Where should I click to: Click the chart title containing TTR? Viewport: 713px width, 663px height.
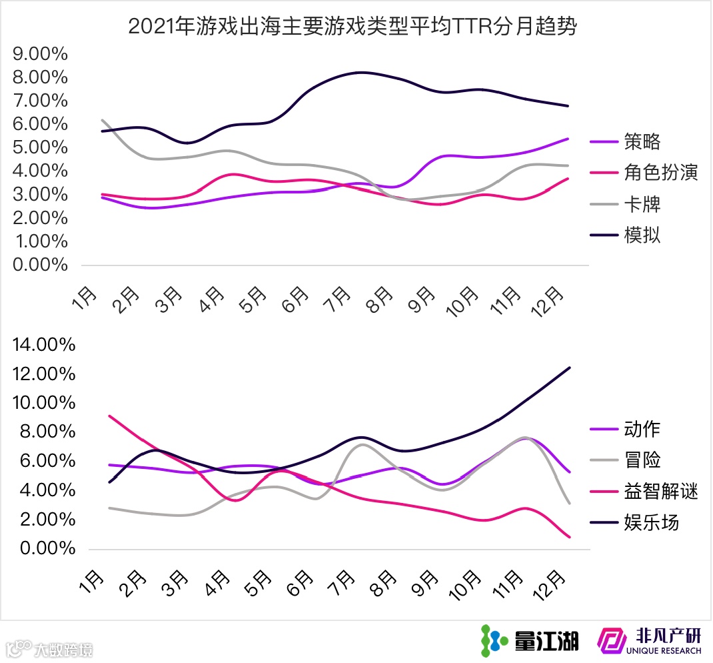[x=353, y=27]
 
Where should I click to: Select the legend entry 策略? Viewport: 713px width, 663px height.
[x=642, y=141]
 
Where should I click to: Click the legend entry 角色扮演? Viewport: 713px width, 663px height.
[x=660, y=173]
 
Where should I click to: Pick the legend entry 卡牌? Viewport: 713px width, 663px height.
[x=642, y=204]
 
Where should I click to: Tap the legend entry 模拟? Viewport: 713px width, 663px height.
[x=642, y=235]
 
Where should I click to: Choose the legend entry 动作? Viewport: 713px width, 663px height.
[x=642, y=429]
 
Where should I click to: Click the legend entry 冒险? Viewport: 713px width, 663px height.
[x=642, y=460]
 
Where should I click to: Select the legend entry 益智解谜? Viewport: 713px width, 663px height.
[x=660, y=492]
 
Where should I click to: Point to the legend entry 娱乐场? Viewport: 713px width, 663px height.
[x=651, y=522]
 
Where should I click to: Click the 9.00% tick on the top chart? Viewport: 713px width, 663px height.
[x=41, y=54]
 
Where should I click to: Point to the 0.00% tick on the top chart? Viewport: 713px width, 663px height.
[x=41, y=265]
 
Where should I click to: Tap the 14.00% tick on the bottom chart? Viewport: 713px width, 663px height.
[x=44, y=345]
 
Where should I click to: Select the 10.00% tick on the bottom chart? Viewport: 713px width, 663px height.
[x=44, y=403]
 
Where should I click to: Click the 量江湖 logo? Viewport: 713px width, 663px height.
[x=530, y=641]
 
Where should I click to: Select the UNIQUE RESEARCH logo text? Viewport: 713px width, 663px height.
[x=664, y=650]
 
